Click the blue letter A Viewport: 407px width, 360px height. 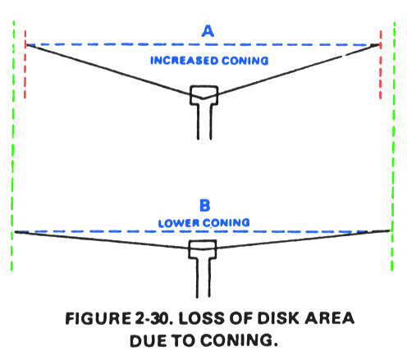[208, 31]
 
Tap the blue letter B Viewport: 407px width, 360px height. [205, 205]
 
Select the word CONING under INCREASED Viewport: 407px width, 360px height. [245, 61]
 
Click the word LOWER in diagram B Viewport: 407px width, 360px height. [179, 223]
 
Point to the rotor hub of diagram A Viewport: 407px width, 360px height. [204, 95]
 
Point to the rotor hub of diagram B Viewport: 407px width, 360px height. [203, 249]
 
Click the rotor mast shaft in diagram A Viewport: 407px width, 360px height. [204, 122]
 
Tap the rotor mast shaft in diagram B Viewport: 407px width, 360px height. [203, 278]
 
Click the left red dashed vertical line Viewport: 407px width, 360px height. [25, 64]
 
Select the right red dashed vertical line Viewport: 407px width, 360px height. [381, 65]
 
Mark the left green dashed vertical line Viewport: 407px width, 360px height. [12, 146]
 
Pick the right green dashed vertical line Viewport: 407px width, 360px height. [393, 146]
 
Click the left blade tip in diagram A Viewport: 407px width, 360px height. [26, 44]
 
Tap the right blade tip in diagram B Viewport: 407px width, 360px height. [390, 231]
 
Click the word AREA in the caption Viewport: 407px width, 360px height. [330, 318]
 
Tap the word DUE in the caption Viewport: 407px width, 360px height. [148, 341]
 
